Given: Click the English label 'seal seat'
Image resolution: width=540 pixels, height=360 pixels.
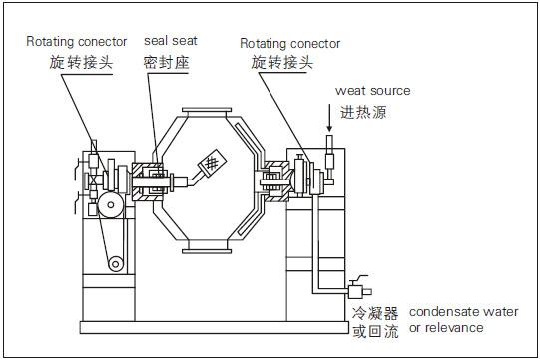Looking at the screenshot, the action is tap(171, 41).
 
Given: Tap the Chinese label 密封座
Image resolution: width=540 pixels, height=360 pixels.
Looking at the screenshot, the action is tap(167, 63).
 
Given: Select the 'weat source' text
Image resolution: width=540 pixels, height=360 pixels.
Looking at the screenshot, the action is tap(373, 91).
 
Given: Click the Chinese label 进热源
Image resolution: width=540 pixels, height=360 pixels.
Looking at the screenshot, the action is tap(363, 113).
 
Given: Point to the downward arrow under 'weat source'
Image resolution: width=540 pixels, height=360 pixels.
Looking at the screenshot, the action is tap(329, 118).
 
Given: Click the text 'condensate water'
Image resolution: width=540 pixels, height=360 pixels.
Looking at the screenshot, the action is tap(464, 312).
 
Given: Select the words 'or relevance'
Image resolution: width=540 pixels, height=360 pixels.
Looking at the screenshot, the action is tap(446, 328).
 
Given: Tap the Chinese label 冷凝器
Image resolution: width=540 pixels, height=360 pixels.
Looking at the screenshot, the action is tap(375, 313).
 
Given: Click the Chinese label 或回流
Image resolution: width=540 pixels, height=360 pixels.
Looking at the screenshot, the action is tap(375, 331).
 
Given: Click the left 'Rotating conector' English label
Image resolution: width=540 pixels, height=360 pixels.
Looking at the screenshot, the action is tap(77, 41).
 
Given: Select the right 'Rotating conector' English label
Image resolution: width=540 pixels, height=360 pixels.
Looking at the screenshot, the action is tap(290, 43).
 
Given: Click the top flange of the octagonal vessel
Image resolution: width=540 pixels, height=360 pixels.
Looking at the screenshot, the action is tap(207, 110).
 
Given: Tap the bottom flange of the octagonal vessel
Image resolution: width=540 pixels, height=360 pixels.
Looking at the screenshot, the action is tap(207, 251).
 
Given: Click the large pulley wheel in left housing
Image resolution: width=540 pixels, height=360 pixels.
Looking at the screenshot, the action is tap(111, 205).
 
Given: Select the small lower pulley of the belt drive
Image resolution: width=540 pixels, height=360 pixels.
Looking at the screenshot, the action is tap(116, 264).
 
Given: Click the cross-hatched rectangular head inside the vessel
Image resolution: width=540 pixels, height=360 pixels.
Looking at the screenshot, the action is tap(212, 163).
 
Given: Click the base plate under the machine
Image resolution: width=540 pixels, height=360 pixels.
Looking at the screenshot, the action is tap(215, 327).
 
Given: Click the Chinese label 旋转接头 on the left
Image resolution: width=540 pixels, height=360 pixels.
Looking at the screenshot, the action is tap(81, 62).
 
